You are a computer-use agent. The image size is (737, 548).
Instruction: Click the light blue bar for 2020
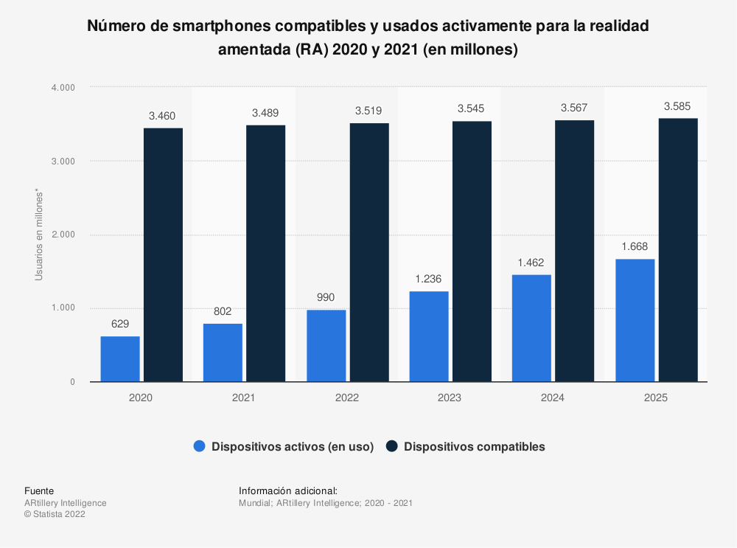[x=120, y=359]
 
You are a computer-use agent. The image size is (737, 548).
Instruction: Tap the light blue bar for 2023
[x=429, y=336]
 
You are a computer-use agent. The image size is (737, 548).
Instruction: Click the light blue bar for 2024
[x=532, y=328]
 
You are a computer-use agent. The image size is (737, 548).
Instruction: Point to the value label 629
[x=120, y=325]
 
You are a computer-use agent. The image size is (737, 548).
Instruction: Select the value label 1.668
[x=635, y=247]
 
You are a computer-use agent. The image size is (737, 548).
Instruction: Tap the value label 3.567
[x=574, y=108]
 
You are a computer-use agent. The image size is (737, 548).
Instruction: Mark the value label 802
[x=223, y=311]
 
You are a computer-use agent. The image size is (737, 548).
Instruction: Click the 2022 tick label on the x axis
[x=346, y=398]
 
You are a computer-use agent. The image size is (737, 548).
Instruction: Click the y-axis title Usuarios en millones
[x=39, y=235]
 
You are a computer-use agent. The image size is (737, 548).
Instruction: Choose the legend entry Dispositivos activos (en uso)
[x=292, y=446]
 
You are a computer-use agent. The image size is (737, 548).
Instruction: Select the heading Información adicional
[x=288, y=490]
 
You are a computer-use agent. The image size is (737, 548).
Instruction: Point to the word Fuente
[x=39, y=490]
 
